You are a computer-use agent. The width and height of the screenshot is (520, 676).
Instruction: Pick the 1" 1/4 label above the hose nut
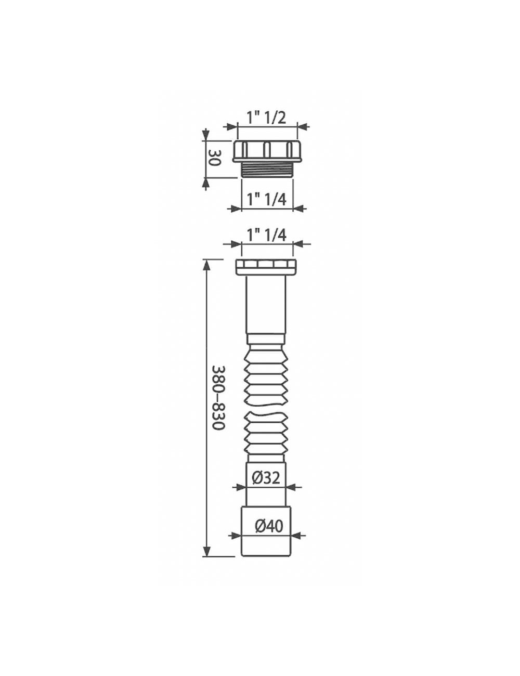266,236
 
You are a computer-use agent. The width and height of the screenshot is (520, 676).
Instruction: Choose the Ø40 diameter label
269,526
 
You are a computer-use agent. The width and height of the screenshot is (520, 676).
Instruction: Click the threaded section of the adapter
267,170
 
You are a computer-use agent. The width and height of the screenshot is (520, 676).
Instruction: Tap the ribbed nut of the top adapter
267,151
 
